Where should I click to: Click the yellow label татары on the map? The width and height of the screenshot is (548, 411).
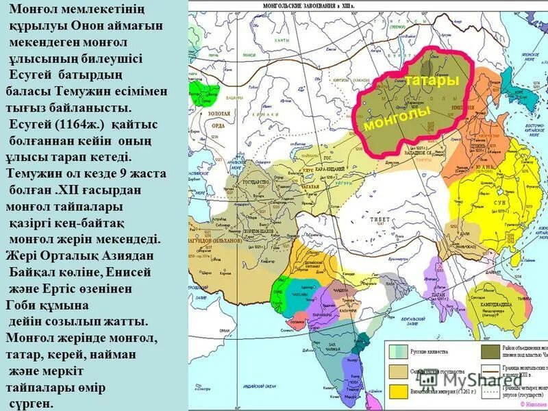coord(432,80)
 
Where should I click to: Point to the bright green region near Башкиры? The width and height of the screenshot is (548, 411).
coord(208,93)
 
